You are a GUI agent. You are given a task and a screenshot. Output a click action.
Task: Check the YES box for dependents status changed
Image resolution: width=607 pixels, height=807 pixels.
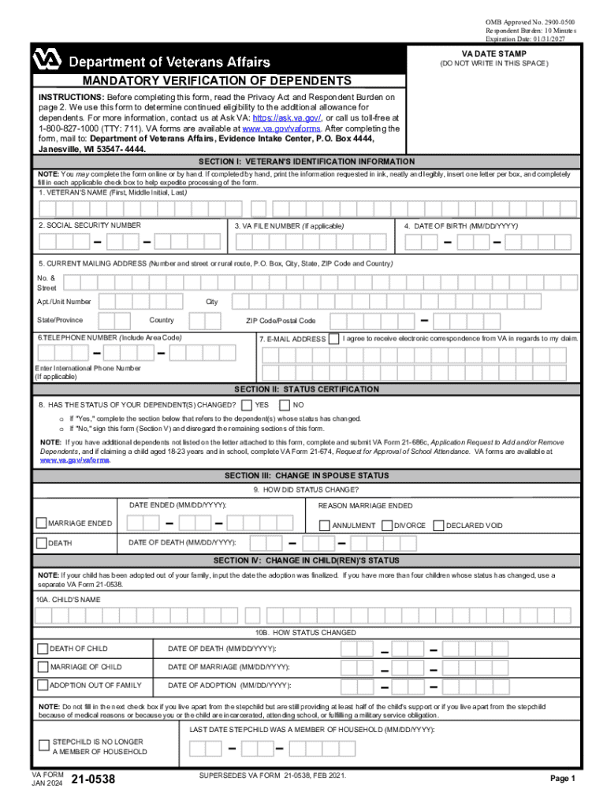pos(248,404)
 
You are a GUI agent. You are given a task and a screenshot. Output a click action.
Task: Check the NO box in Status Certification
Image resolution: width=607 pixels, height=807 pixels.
pos(285,404)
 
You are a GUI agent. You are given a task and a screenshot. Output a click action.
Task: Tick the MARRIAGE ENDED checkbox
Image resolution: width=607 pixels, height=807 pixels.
pos(42,523)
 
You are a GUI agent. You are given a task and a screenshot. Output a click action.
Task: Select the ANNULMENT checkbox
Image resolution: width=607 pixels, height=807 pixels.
pos(324,525)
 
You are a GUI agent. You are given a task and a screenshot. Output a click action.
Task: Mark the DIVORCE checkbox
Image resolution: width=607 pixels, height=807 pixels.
pos(387,525)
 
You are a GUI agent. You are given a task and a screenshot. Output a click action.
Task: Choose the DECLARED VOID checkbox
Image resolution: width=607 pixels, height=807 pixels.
pos(438,525)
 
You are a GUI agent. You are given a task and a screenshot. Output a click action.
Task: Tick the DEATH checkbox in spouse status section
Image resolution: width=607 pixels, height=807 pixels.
pos(42,542)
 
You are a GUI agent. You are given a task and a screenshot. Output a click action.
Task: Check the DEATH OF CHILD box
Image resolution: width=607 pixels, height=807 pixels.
pos(43,649)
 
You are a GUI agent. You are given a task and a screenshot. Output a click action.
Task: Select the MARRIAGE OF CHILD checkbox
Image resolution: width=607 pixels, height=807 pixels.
pos(43,667)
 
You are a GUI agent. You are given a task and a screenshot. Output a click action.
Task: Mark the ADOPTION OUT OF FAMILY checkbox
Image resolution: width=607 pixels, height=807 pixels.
pos(43,686)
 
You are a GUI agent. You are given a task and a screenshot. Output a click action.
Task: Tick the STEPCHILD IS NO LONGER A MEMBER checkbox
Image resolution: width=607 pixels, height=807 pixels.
pos(44,746)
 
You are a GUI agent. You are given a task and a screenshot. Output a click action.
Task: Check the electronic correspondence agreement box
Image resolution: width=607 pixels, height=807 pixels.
pos(334,339)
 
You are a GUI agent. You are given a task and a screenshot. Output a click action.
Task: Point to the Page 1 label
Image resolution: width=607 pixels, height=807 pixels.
pos(563,779)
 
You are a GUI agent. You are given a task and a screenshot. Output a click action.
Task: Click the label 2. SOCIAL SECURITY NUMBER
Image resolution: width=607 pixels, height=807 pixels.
pos(90,225)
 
